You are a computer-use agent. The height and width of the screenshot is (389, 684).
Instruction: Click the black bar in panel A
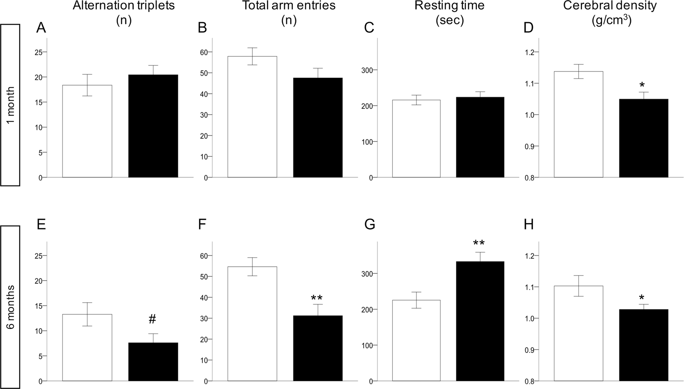coord(153,126)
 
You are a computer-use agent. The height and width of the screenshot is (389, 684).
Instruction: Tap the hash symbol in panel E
coord(152,319)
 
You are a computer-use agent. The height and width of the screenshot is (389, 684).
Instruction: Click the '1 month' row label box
coord(10,105)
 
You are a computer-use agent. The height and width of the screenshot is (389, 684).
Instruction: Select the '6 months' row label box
coord(10,307)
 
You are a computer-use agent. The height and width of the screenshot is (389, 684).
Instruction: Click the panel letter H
coord(528,225)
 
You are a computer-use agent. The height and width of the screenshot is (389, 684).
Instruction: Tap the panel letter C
coord(369,28)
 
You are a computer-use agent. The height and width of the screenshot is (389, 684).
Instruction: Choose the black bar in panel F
coord(318,348)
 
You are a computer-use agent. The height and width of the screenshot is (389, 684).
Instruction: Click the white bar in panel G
coord(416,340)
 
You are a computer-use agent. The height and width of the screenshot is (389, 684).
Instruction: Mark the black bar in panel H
coord(644,345)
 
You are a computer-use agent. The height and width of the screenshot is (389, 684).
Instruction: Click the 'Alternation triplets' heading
coord(124,6)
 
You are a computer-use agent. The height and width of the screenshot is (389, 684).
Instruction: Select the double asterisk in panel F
coord(316,299)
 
